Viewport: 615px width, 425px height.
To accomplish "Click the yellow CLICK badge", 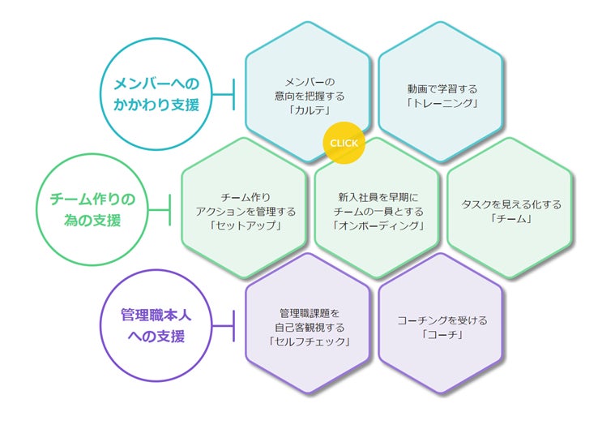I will pyautogui.click(x=344, y=144).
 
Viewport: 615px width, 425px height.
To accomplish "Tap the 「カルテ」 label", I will pyautogui.click(x=309, y=109).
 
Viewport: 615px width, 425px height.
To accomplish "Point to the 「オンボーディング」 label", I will pyautogui.click(x=378, y=225).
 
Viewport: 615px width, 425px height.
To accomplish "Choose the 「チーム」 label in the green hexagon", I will pyautogui.click(x=510, y=218).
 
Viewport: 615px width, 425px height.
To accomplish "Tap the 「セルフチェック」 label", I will pyautogui.click(x=309, y=341).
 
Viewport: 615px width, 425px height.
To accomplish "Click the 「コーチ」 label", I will pyautogui.click(x=442, y=334).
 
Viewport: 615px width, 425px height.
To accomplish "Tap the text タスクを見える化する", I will pyautogui.click(x=510, y=204).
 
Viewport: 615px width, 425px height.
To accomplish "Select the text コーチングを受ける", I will pyautogui.click(x=442, y=320).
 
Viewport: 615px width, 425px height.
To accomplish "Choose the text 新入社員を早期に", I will pyautogui.click(x=378, y=196).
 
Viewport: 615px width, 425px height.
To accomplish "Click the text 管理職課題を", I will pyautogui.click(x=309, y=312).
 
